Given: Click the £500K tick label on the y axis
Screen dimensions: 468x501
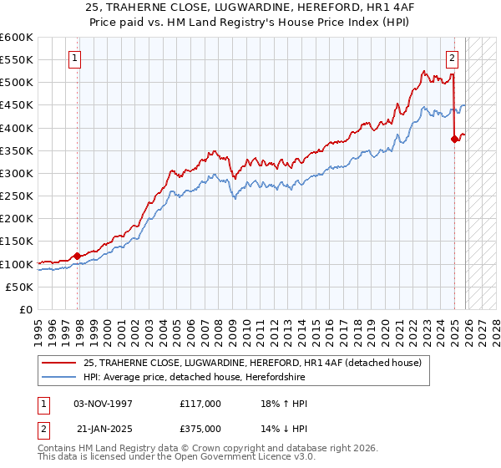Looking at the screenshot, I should point(17,83).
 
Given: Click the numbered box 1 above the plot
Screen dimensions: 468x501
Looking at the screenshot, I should point(75,58).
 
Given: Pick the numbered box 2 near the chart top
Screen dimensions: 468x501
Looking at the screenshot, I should point(452,58).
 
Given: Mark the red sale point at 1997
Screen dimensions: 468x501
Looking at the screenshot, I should point(77,256).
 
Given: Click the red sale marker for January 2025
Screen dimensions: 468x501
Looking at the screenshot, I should point(454,140).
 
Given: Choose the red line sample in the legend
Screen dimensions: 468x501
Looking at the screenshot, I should point(58,362).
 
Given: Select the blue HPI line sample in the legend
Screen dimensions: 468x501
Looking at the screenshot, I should point(58,376).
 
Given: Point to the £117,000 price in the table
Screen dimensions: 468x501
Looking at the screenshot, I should point(200,404).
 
